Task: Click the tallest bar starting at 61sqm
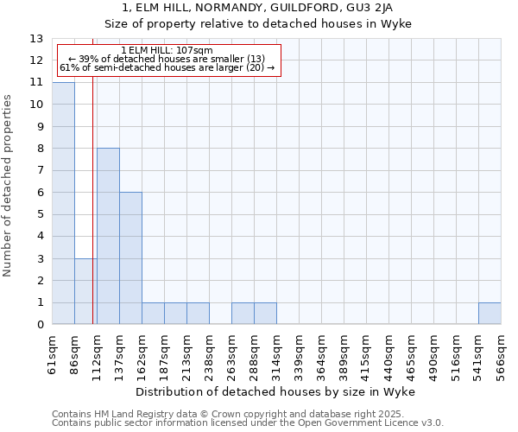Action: click(63, 203)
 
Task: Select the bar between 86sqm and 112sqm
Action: click(85, 291)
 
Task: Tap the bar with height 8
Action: click(108, 236)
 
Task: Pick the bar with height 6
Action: click(130, 258)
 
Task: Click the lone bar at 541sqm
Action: click(490, 314)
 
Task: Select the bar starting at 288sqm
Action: click(265, 314)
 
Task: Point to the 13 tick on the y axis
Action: click(36, 39)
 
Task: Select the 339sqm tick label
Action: click(299, 354)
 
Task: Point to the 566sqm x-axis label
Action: click(501, 354)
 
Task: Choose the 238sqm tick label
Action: click(210, 354)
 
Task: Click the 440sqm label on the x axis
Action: click(388, 354)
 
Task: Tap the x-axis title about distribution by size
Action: click(275, 392)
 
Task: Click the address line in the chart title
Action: click(259, 8)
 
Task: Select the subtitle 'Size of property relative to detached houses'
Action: click(259, 23)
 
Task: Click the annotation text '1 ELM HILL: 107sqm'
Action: click(167, 51)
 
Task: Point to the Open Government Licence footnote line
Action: click(248, 423)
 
